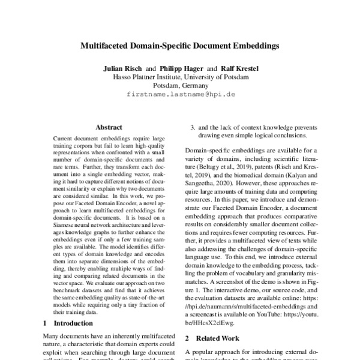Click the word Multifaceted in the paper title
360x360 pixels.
[x=109, y=45]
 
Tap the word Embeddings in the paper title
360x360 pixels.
[x=252, y=45]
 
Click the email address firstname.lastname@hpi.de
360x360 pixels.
[x=180, y=95]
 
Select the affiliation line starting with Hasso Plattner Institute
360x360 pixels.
[x=180, y=77]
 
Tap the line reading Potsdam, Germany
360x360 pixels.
[x=180, y=86]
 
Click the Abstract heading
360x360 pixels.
[x=109, y=127]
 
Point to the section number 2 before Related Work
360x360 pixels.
[x=187, y=338]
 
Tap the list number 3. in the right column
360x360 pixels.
[x=193, y=127]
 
